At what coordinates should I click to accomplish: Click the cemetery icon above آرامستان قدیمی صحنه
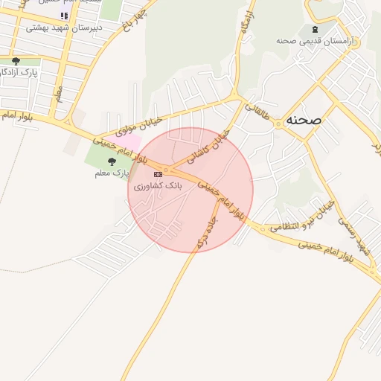(315, 28)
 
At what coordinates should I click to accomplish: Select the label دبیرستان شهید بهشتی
(63, 27)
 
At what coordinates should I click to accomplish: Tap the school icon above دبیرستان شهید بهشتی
(64, 16)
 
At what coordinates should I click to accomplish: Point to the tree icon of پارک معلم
(112, 161)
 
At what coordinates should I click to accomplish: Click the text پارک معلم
(112, 173)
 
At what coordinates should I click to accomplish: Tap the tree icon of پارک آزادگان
(16, 61)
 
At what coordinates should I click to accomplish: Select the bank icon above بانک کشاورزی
(157, 173)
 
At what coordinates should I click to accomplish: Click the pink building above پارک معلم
(129, 141)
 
